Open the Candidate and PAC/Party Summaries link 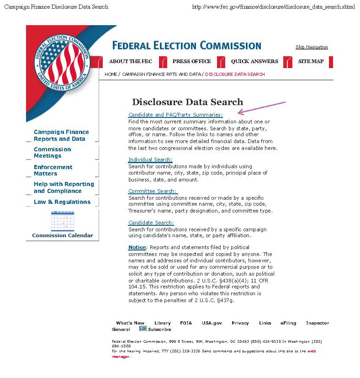coord(175,115)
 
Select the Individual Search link coord(150,160)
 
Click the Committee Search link coord(152,191)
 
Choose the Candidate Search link coord(151,223)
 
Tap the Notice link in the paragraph coord(137,247)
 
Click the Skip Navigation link coord(312,47)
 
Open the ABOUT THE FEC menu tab coord(131,61)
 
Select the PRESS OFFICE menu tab coord(191,61)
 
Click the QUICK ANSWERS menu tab coord(254,61)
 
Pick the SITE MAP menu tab coord(311,61)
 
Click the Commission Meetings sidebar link coord(52,153)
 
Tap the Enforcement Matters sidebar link coord(53,170)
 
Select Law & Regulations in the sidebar coord(62,202)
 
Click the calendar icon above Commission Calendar coord(63,221)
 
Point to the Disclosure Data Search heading coord(187,102)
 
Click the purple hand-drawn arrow coord(261,107)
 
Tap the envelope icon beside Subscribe coord(143,329)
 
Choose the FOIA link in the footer coord(186,323)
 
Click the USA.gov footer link coord(212,323)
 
